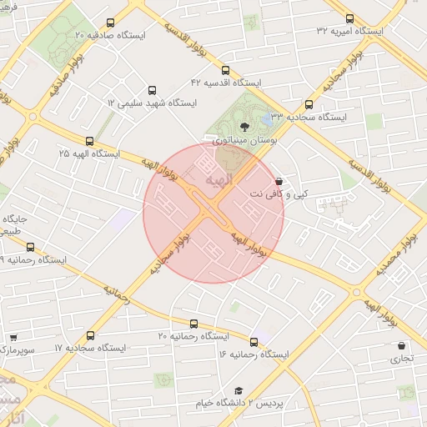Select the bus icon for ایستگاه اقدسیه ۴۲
(x=227, y=71)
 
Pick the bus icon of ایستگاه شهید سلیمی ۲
(x=151, y=89)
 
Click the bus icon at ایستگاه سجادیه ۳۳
(x=309, y=105)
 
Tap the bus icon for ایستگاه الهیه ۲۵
(x=89, y=141)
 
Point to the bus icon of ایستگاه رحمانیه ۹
(x=31, y=247)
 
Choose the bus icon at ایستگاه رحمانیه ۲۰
(x=194, y=324)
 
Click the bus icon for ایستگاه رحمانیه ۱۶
(x=254, y=342)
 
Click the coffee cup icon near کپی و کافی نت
(x=279, y=180)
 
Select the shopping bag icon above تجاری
(x=402, y=345)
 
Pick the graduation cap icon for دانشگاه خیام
(x=238, y=390)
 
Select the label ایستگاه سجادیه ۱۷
(x=90, y=347)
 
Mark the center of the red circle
(x=213, y=213)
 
